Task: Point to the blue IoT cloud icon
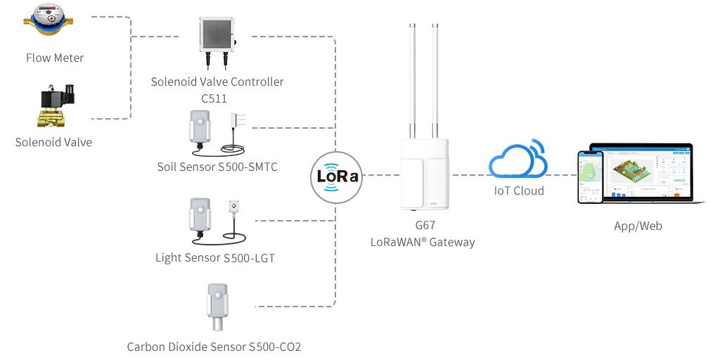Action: (x=518, y=160)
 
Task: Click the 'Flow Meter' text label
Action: (x=55, y=58)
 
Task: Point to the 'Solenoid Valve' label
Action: (x=53, y=142)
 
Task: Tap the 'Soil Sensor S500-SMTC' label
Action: (x=217, y=167)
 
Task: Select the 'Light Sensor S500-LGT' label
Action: (x=214, y=258)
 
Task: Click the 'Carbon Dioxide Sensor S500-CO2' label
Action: (x=214, y=347)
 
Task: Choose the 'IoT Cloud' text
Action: (x=518, y=191)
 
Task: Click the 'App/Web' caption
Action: (x=638, y=226)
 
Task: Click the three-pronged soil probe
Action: (x=239, y=120)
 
